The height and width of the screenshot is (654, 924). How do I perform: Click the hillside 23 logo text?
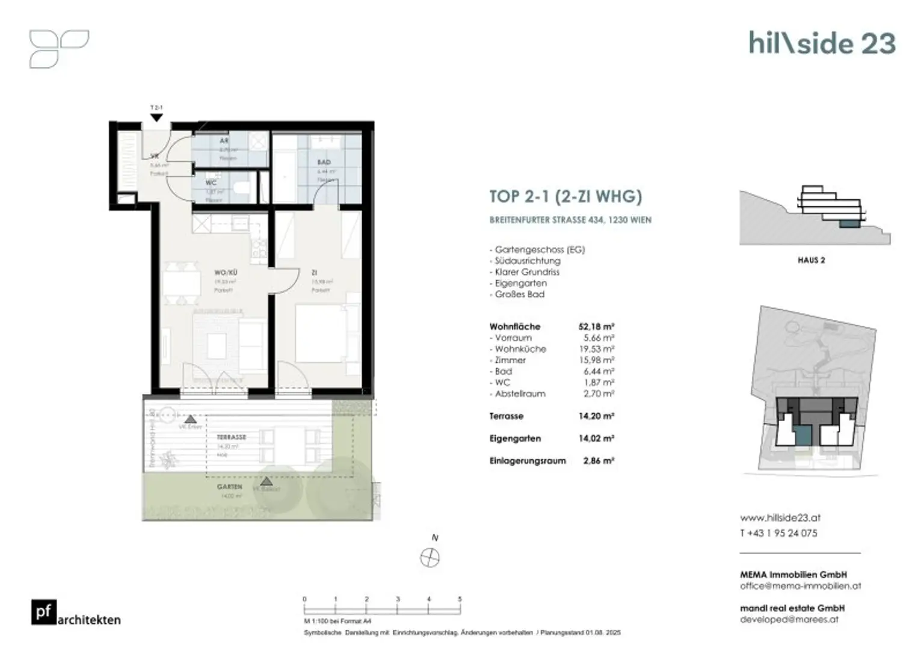point(822,43)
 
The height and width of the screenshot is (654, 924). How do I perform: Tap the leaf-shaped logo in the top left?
point(59,49)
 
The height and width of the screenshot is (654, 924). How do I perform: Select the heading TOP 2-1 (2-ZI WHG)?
point(565,197)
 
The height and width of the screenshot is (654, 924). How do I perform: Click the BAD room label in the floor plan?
point(324,162)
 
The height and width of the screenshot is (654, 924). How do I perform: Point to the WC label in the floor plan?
point(211,182)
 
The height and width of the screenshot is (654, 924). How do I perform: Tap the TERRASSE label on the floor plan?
point(232,437)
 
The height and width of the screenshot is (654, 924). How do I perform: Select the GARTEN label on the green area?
point(230,487)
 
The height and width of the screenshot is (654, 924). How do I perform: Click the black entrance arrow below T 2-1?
point(156,118)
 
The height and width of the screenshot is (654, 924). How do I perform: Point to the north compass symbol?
point(430,558)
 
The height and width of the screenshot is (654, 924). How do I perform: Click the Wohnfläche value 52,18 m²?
point(596,327)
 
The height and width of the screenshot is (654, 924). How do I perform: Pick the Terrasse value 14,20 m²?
point(596,416)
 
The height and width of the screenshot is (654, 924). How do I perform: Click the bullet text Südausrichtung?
point(528,261)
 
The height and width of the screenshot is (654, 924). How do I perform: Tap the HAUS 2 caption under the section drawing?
point(811,261)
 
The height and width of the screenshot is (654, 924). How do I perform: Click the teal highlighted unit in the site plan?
point(802,434)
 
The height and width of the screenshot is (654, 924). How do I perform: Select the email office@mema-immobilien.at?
point(800,585)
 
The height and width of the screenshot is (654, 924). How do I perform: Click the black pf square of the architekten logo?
point(44,612)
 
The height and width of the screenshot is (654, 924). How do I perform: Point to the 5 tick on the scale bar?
point(460,600)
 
